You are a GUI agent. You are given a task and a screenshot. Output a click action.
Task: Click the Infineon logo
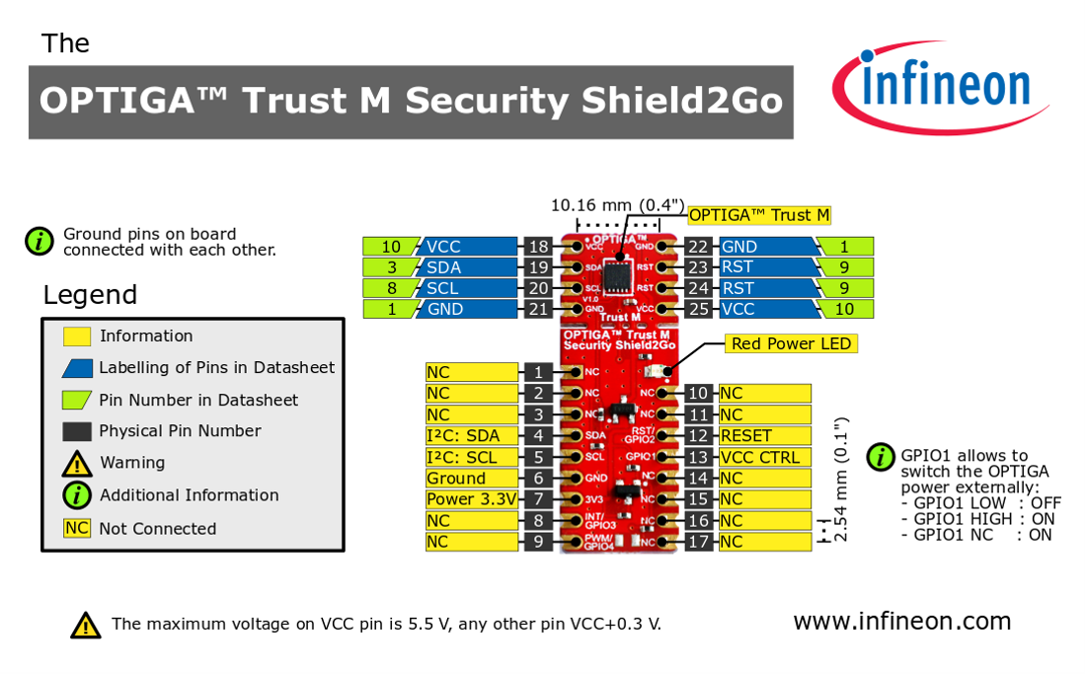coord(940,87)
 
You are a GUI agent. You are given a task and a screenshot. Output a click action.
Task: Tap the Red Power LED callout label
coord(790,343)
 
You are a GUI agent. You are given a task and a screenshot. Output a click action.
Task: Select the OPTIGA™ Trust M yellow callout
coord(759,215)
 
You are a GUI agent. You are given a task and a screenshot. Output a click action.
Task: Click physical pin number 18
coord(538,247)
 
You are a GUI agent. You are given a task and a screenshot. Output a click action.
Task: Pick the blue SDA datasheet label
coord(470,267)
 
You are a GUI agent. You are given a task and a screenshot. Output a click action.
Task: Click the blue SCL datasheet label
coord(470,288)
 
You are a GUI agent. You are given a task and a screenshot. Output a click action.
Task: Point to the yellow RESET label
coord(765,435)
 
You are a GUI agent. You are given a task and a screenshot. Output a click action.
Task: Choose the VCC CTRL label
coord(765,457)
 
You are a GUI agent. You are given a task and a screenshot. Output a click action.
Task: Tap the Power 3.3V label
coord(472,499)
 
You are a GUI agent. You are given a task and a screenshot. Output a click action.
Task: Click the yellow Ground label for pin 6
coord(472,479)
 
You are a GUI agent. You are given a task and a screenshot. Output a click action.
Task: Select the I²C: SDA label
coord(472,435)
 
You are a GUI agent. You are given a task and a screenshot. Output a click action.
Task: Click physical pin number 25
coord(699,309)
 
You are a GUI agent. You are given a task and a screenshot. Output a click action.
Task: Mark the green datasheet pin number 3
coord(391,267)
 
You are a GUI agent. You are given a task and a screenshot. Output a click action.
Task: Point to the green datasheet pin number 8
coord(391,288)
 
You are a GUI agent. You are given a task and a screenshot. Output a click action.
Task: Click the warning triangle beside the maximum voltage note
coord(86,625)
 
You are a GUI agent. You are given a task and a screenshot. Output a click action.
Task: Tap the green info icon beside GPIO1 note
coord(880,457)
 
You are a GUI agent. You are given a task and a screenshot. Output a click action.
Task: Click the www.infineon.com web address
coord(901,621)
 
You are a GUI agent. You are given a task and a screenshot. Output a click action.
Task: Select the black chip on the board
coord(619,273)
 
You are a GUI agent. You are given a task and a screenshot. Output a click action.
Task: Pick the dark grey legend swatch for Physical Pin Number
coord(77,431)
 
